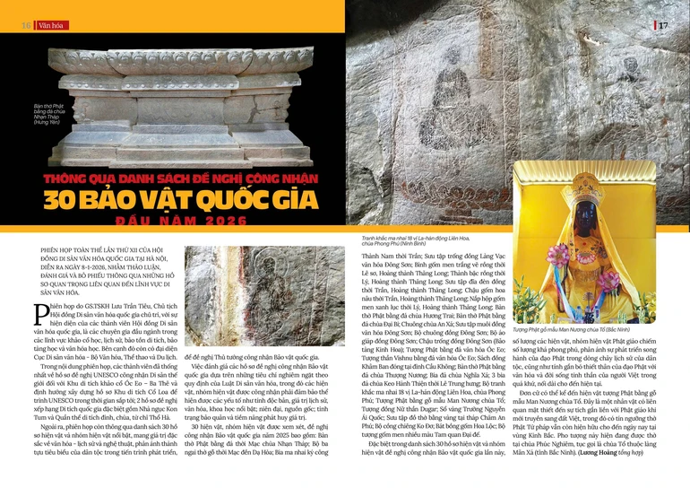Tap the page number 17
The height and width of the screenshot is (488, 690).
[x=663, y=24]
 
